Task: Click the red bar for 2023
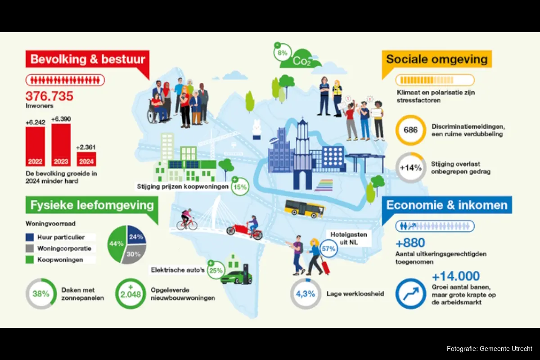pyautogui.click(x=61, y=145)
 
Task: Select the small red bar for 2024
pyautogui.click(x=86, y=159)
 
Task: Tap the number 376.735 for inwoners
pyautogui.click(x=49, y=96)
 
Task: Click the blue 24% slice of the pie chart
pyautogui.click(x=136, y=235)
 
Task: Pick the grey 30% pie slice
pyautogui.click(x=134, y=254)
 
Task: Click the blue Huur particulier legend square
pyautogui.click(x=30, y=237)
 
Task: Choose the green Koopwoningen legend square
pyautogui.click(x=30, y=260)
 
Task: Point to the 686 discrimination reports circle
pyautogui.click(x=410, y=130)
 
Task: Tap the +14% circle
pyautogui.click(x=410, y=167)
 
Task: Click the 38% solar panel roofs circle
pyautogui.click(x=41, y=294)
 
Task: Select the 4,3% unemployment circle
pyautogui.click(x=306, y=294)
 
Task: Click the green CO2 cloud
pyautogui.click(x=300, y=59)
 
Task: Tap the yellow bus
pyautogui.click(x=305, y=209)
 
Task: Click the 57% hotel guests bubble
pyautogui.click(x=328, y=248)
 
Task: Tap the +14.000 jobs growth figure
pyautogui.click(x=456, y=276)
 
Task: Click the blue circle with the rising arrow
pyautogui.click(x=410, y=294)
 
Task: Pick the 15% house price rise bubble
pyautogui.click(x=240, y=187)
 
